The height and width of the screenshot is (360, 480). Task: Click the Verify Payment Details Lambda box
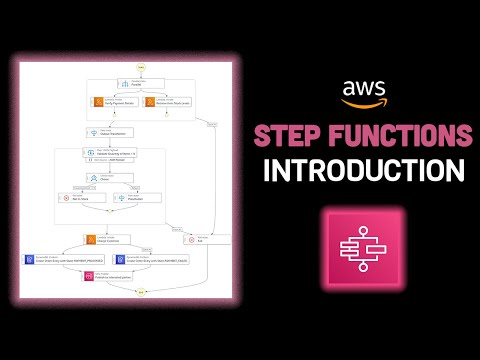coord(114,101)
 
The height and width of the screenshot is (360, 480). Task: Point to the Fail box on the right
coord(207,240)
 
